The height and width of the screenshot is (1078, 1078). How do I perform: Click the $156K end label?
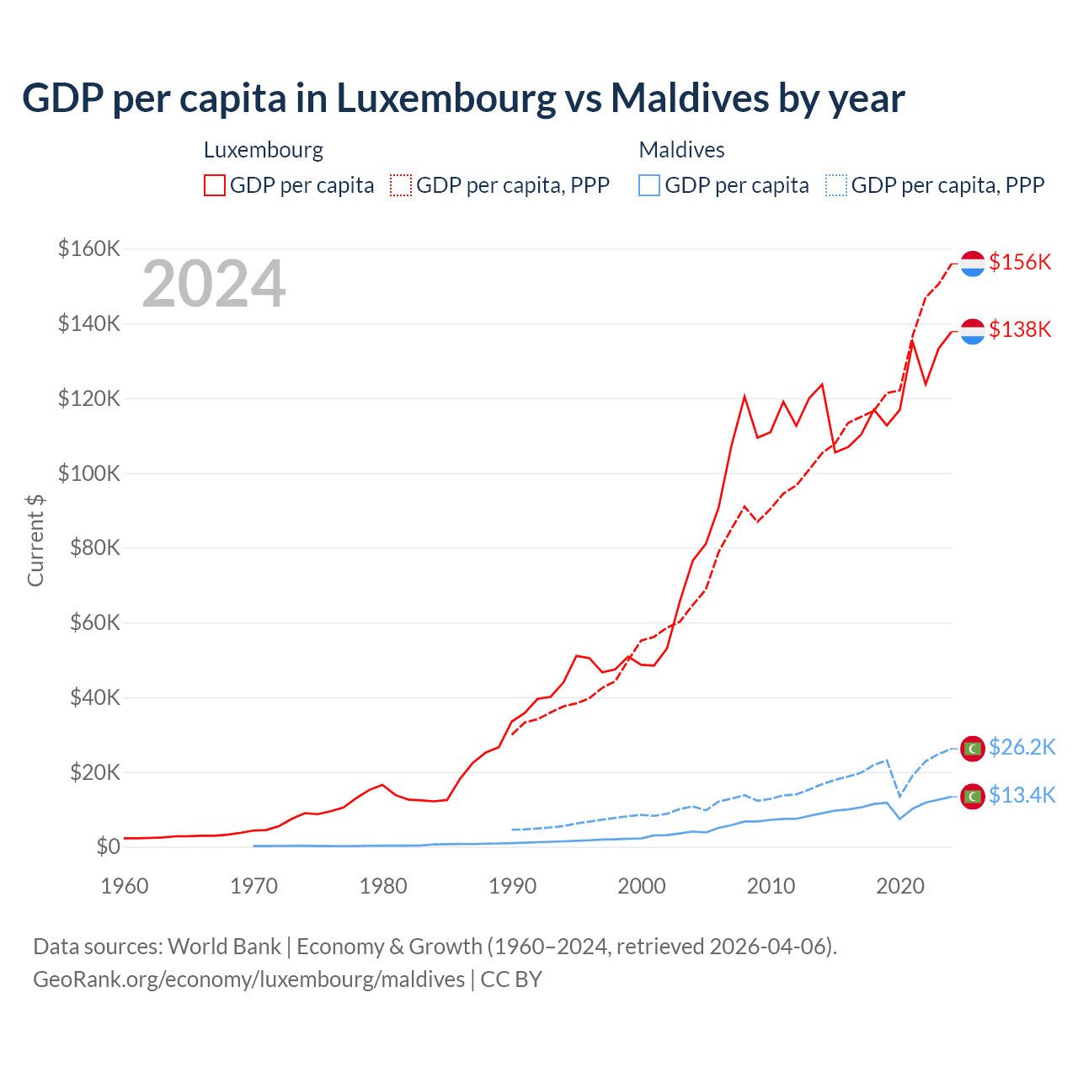(x=1020, y=262)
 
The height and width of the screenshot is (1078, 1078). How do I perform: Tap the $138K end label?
(x=1020, y=329)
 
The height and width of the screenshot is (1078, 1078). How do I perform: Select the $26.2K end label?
(x=1022, y=747)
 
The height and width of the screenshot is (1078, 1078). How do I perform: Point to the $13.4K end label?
(x=1022, y=795)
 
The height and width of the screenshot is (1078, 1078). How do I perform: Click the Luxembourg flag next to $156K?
(x=973, y=264)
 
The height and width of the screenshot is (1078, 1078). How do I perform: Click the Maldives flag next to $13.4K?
(x=973, y=796)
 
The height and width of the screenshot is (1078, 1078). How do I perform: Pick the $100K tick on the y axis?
(x=89, y=473)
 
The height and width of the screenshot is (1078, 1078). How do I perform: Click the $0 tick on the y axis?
(x=108, y=846)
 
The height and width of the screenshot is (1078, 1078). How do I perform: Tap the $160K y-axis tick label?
(x=89, y=249)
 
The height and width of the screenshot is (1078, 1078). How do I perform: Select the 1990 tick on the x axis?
(x=512, y=886)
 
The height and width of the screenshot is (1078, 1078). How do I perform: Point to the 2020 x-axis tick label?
(x=900, y=886)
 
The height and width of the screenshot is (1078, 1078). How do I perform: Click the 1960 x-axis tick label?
(x=125, y=886)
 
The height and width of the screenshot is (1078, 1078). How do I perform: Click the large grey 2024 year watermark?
(x=214, y=284)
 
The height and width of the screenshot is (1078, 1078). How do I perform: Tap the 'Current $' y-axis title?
(x=35, y=540)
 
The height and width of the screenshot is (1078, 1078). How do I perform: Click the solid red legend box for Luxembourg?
(x=215, y=185)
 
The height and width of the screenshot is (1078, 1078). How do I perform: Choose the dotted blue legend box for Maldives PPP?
(x=836, y=185)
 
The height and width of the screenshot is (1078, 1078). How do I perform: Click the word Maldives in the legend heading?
(x=681, y=150)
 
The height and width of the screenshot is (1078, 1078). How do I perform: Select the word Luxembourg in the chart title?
(x=446, y=98)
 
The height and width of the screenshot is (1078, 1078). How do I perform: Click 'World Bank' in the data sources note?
(x=224, y=947)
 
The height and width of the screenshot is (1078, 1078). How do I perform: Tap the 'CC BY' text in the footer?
(x=511, y=979)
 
